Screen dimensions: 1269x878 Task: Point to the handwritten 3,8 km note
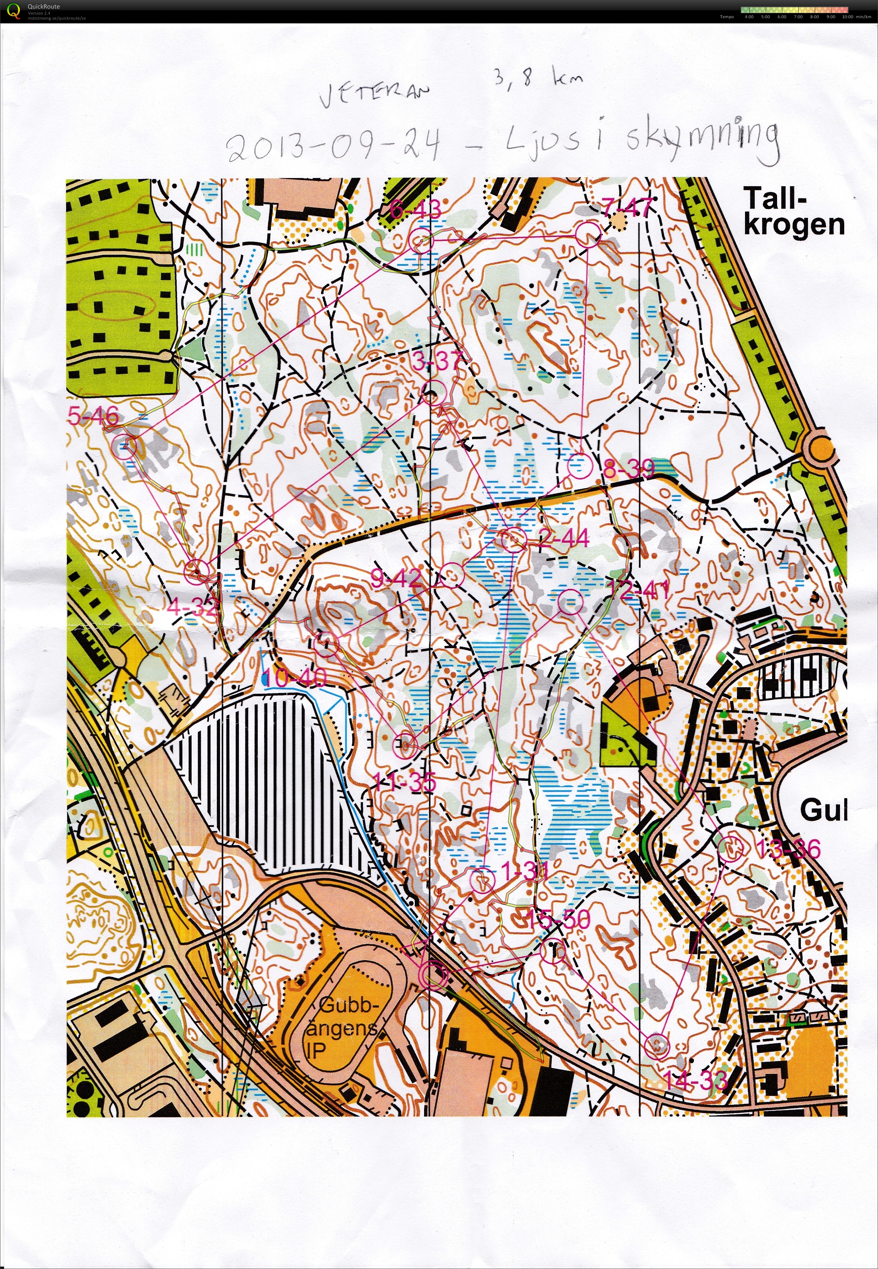(536, 79)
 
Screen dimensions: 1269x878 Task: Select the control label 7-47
(627, 208)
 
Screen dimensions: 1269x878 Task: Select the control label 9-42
(396, 578)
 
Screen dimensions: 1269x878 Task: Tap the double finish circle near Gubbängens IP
(432, 975)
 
